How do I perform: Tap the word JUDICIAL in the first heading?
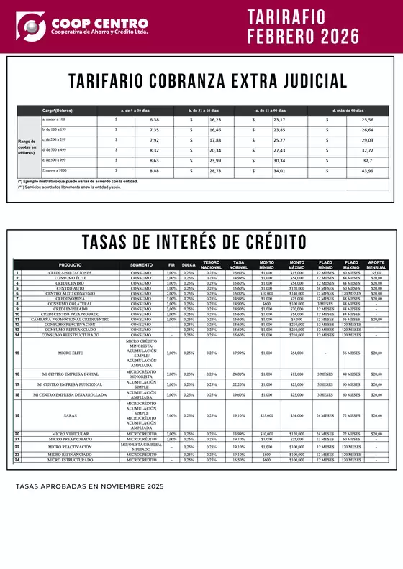[x=302, y=80]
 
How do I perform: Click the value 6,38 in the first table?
[x=153, y=119]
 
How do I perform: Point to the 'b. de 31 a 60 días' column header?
[x=206, y=110]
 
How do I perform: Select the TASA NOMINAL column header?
[x=238, y=264]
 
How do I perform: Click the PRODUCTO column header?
[x=70, y=264]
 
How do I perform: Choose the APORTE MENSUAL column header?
[x=376, y=264]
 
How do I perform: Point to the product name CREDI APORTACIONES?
[x=70, y=273]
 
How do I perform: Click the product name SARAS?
[x=70, y=415]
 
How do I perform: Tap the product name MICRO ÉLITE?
[x=70, y=353]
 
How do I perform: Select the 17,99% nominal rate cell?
[x=238, y=353]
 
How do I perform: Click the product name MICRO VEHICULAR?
[x=70, y=434]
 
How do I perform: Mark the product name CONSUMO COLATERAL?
[x=70, y=304]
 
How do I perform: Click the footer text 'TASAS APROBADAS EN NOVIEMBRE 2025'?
[x=90, y=486]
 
